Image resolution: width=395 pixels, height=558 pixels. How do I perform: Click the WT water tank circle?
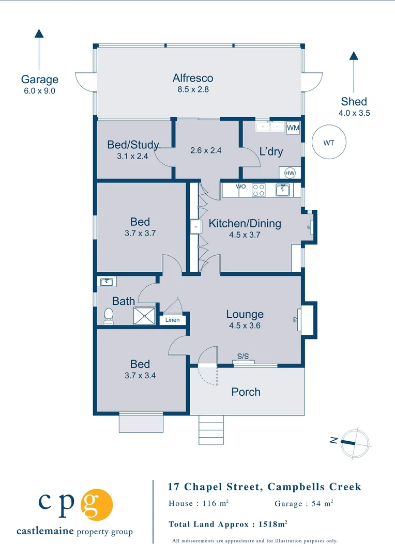[329, 143]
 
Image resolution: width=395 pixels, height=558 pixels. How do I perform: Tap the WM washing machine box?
[293, 127]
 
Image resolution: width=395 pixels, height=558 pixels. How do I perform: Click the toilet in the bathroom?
[109, 316]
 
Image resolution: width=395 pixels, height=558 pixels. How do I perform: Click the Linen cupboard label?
[173, 320]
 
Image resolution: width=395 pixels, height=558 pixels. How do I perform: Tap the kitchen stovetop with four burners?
[259, 190]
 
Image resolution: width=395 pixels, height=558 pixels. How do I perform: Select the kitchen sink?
[283, 190]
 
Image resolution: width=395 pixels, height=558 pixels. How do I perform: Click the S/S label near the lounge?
[243, 356]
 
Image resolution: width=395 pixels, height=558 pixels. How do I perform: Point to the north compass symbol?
[355, 442]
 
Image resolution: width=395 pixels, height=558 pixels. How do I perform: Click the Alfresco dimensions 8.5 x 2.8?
[193, 89]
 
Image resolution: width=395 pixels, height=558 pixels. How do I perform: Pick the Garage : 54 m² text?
[303, 503]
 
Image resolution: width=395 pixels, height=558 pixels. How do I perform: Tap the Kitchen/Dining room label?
[245, 223]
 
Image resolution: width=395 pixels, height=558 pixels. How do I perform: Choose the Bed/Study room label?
[133, 145]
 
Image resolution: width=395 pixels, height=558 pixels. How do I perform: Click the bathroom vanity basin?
[107, 282]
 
